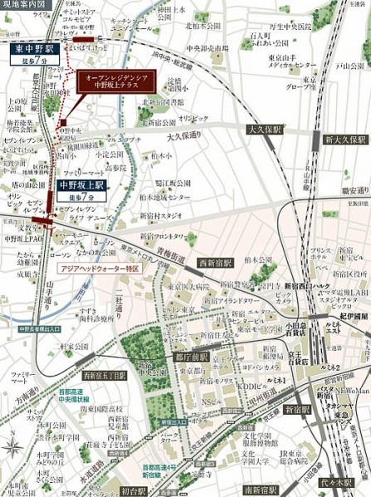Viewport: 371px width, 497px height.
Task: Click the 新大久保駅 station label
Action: click(x=345, y=139)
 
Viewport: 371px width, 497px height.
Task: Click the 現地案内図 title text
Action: click(x=24, y=5)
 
